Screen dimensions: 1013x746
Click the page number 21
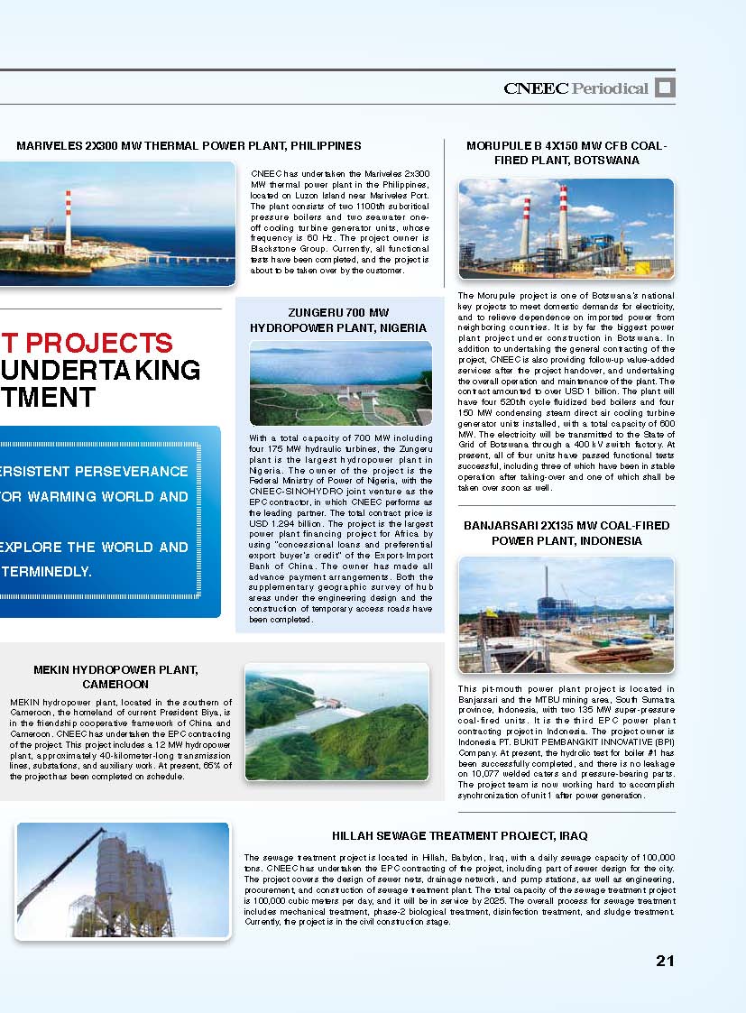pyautogui.click(x=665, y=961)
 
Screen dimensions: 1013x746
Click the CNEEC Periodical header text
pyautogui.click(x=576, y=88)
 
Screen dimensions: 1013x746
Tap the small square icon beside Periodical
pyautogui.click(x=665, y=87)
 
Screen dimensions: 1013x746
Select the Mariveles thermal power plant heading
pyautogui.click(x=189, y=145)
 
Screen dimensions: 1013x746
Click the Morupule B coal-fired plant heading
pyautogui.click(x=566, y=152)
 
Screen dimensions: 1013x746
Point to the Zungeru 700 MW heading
pyautogui.click(x=338, y=320)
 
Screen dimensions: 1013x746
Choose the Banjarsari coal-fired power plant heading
pyautogui.click(x=566, y=532)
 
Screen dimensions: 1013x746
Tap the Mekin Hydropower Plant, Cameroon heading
pyautogui.click(x=115, y=677)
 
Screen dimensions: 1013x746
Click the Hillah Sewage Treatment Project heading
pyautogui.click(x=459, y=836)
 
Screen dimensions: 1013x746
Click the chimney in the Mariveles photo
pyautogui.click(x=68, y=219)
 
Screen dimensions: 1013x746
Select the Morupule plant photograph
pyautogui.click(x=566, y=227)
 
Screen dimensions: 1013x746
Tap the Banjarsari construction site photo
pyautogui.click(x=566, y=614)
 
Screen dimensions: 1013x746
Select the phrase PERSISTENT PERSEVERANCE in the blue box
pyautogui.click(x=94, y=472)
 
